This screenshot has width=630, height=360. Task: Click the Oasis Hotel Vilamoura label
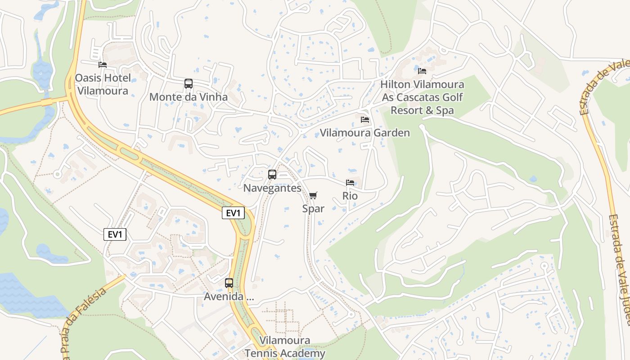point(103,84)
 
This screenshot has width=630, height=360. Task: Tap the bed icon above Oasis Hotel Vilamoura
point(103,65)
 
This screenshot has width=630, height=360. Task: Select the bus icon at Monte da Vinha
point(189,84)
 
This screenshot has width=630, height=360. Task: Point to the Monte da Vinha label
point(189,97)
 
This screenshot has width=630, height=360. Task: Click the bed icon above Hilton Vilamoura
point(422,71)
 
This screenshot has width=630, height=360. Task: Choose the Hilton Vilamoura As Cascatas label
point(422,97)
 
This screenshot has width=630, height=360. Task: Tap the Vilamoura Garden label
point(365,133)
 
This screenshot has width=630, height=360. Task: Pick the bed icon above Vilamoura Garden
point(365,120)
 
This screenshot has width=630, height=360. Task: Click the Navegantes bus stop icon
point(272,175)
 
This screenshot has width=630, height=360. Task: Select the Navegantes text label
point(272,188)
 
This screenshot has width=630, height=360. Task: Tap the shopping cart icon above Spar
point(313,196)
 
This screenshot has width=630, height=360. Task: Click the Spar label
point(313,209)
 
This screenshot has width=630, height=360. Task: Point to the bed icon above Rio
point(350,183)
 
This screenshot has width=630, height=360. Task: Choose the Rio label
point(350,196)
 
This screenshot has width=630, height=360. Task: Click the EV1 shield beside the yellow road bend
point(233,213)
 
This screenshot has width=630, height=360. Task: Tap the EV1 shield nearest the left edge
point(115,234)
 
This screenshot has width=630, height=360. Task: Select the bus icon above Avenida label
point(229,283)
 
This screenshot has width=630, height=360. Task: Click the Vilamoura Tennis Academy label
point(285,347)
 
